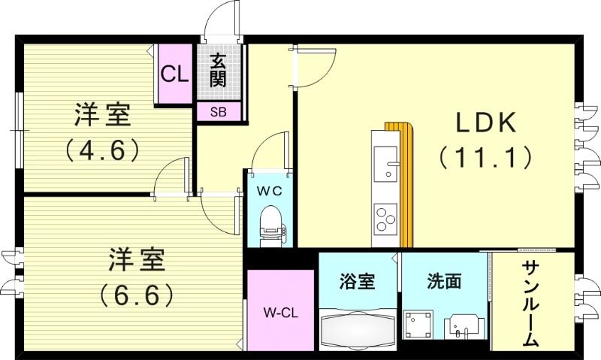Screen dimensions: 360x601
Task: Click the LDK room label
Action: coord(485,122)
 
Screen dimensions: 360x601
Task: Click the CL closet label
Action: coord(174,74)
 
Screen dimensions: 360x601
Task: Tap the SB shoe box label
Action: coord(219,112)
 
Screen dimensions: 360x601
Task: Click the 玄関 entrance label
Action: coord(219,70)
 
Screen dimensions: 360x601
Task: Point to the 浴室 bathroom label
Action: coord(358,282)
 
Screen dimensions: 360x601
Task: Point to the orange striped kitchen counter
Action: coord(406,184)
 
